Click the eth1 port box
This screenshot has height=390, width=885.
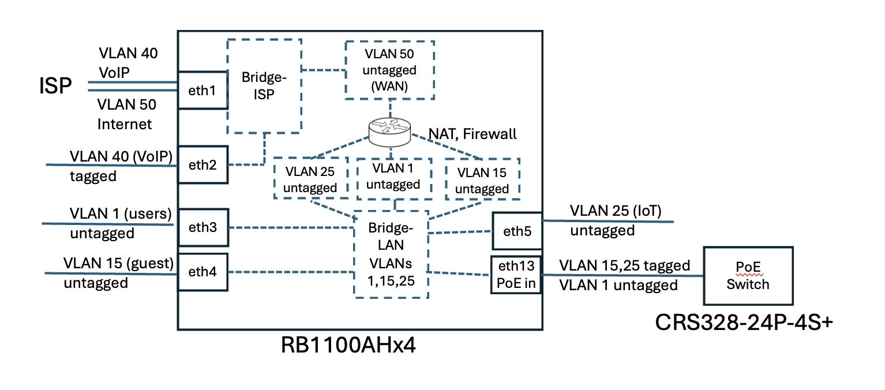202,90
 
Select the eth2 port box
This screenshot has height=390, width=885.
202,164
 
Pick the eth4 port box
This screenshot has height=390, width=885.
202,272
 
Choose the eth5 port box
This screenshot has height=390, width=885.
516,232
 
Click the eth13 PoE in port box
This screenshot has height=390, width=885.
516,275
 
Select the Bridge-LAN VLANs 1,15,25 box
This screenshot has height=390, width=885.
391,254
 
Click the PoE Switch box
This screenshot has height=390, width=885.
748,276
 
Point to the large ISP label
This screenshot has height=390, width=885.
55,87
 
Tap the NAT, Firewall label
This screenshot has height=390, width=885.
471,134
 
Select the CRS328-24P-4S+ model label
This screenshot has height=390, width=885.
744,323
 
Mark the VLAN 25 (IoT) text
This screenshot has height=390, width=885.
614,212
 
